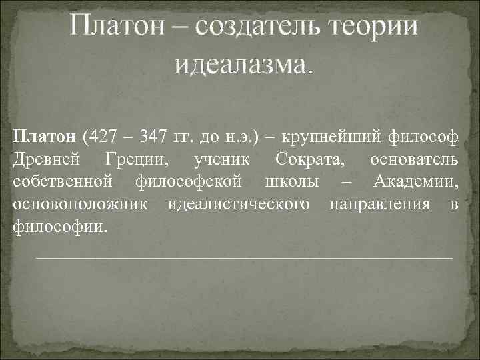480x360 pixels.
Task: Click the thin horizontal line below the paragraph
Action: coord(243,257)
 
